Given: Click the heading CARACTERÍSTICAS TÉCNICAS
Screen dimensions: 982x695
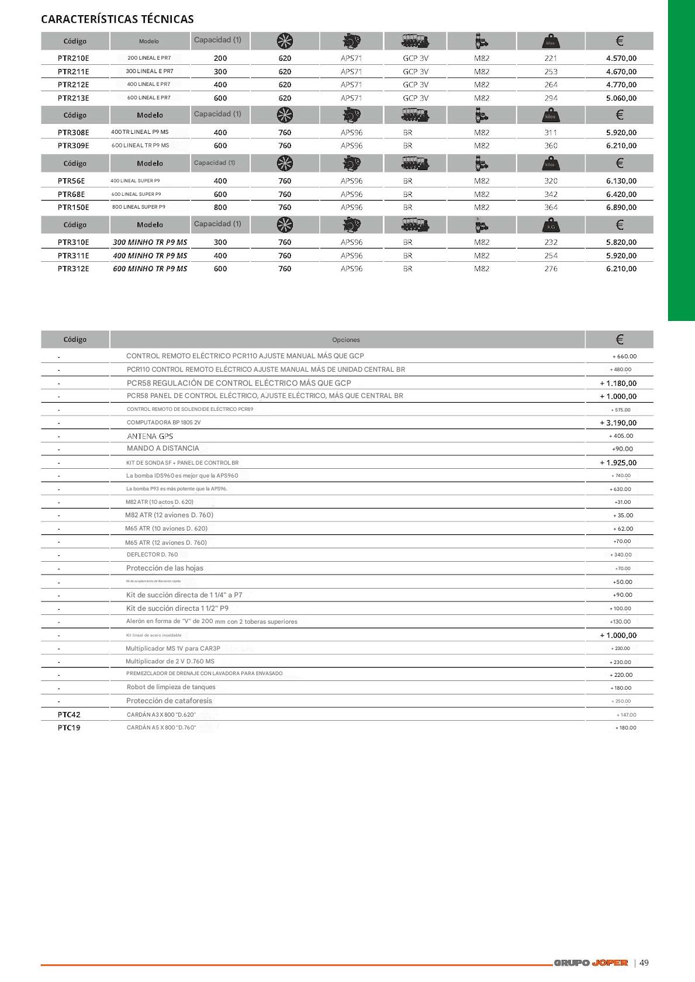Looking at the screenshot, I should click(117, 19).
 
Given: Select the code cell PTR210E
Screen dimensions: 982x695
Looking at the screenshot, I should click(74, 58).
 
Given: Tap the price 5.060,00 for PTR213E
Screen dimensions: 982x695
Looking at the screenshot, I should click(621, 98).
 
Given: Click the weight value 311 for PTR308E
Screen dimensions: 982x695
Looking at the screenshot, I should click(551, 133).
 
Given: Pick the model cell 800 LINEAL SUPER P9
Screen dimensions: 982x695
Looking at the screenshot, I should click(139, 207).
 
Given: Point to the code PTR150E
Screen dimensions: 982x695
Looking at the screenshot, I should click(74, 208).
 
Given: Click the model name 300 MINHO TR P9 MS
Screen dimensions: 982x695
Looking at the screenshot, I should click(150, 242).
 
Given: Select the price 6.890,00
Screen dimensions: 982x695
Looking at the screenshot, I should click(621, 208).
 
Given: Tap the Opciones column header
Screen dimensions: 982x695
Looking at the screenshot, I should click(346, 340).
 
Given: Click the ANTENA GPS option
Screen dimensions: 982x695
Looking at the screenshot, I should click(150, 436).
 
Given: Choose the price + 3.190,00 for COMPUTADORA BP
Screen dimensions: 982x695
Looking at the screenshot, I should click(618, 423).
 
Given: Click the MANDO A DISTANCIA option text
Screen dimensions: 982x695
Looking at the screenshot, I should click(162, 448).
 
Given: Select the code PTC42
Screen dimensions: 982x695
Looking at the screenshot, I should click(69, 714).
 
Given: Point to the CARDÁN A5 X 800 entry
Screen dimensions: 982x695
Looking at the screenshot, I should click(161, 728).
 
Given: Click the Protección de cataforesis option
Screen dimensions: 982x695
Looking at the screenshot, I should click(169, 700).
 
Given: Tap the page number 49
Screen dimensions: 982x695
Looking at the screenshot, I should click(644, 963).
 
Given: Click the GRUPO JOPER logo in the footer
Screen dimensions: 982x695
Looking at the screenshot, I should click(590, 963).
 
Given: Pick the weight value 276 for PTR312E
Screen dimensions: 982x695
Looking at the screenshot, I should click(551, 269).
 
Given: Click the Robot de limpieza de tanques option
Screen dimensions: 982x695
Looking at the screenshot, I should click(171, 687).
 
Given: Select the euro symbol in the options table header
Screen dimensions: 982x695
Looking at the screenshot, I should click(620, 339).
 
